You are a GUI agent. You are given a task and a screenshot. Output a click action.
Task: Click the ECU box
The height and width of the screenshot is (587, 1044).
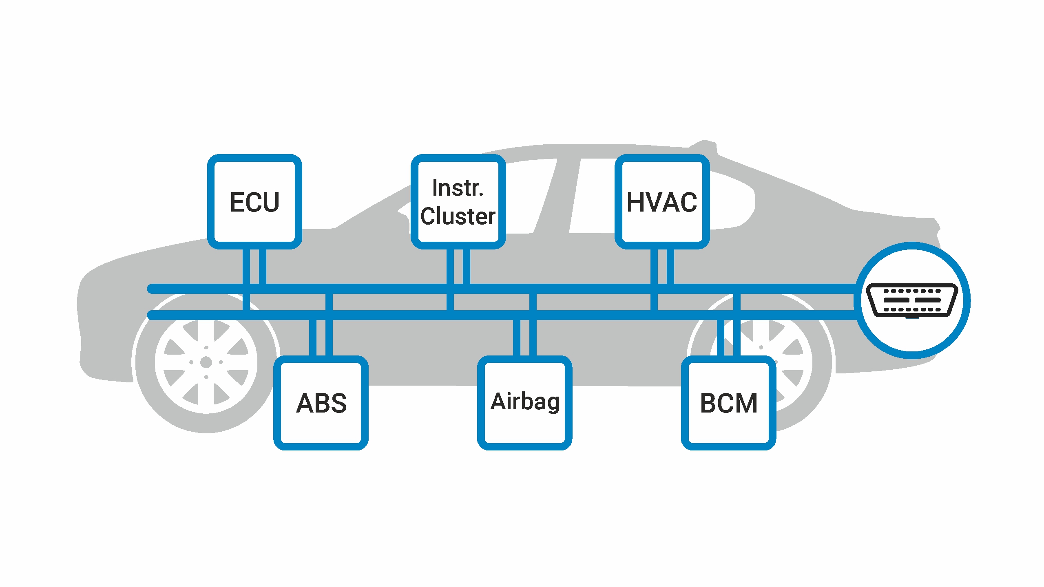click(254, 202)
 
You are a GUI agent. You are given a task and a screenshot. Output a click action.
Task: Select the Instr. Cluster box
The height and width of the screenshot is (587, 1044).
click(458, 202)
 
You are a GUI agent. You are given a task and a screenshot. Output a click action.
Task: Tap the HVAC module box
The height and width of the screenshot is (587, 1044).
click(662, 202)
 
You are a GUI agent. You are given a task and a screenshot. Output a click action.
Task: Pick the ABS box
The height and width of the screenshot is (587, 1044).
click(321, 403)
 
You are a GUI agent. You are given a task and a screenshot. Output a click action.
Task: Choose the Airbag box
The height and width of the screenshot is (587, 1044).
click(525, 403)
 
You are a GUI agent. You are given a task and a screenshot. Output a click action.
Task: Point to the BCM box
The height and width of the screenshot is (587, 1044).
click(729, 403)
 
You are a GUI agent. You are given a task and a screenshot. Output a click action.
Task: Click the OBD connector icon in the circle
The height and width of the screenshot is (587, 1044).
click(912, 300)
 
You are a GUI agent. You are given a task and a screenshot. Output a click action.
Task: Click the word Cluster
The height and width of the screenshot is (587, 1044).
click(458, 216)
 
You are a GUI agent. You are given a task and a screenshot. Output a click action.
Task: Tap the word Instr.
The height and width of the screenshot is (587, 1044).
click(458, 188)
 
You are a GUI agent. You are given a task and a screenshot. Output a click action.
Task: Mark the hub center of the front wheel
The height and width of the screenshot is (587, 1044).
click(206, 362)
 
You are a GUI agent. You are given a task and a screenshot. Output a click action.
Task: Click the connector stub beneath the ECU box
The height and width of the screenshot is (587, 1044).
click(254, 280)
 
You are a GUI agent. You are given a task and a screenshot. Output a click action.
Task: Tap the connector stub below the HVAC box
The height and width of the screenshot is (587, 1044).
click(662, 280)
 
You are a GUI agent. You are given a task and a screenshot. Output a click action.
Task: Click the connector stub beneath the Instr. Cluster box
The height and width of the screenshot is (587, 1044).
click(458, 280)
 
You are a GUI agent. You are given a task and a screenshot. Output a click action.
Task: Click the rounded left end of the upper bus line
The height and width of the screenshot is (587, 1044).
click(152, 289)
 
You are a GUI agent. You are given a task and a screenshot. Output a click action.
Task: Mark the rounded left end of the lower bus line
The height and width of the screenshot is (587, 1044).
click(152, 315)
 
